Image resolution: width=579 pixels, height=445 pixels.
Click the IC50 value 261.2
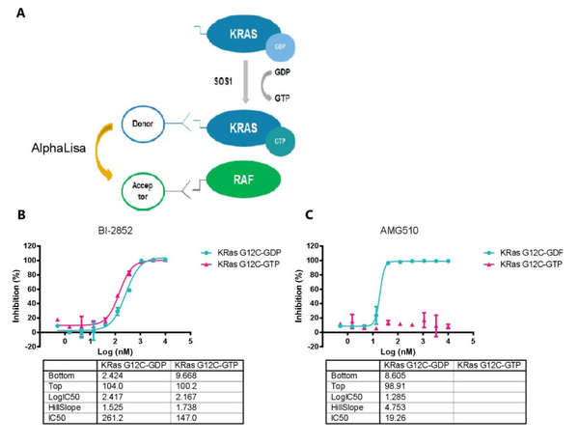point(126,431)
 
